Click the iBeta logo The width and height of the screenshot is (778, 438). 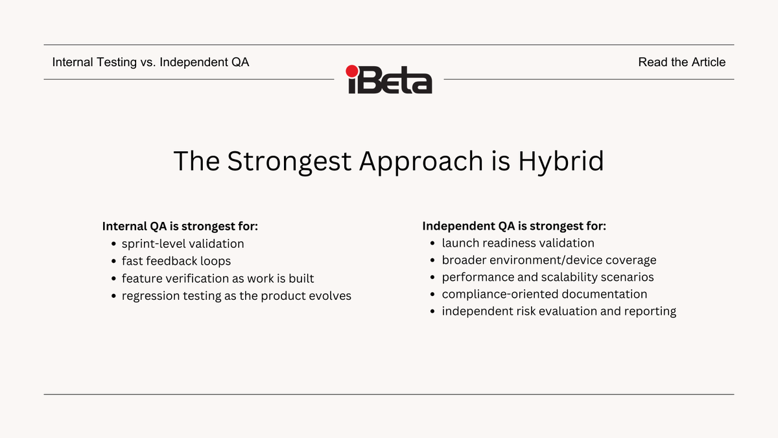[x=389, y=80]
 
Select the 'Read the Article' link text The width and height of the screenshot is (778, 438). [x=681, y=62]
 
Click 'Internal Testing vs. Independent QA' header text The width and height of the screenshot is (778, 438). [x=150, y=62]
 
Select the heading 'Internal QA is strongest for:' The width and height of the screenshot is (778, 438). [x=180, y=226]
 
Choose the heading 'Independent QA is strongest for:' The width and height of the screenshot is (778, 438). [x=514, y=226]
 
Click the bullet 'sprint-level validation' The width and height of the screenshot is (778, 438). [x=183, y=244]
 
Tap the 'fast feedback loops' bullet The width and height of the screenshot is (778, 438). [x=176, y=261]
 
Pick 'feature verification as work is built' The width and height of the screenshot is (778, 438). [x=218, y=278]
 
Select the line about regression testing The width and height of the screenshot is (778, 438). [x=237, y=296]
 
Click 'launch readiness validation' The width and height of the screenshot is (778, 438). [x=518, y=243]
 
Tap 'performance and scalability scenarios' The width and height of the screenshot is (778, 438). [x=548, y=277]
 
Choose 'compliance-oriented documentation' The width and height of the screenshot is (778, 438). [x=545, y=294]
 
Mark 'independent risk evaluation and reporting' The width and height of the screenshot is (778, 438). [x=559, y=311]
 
